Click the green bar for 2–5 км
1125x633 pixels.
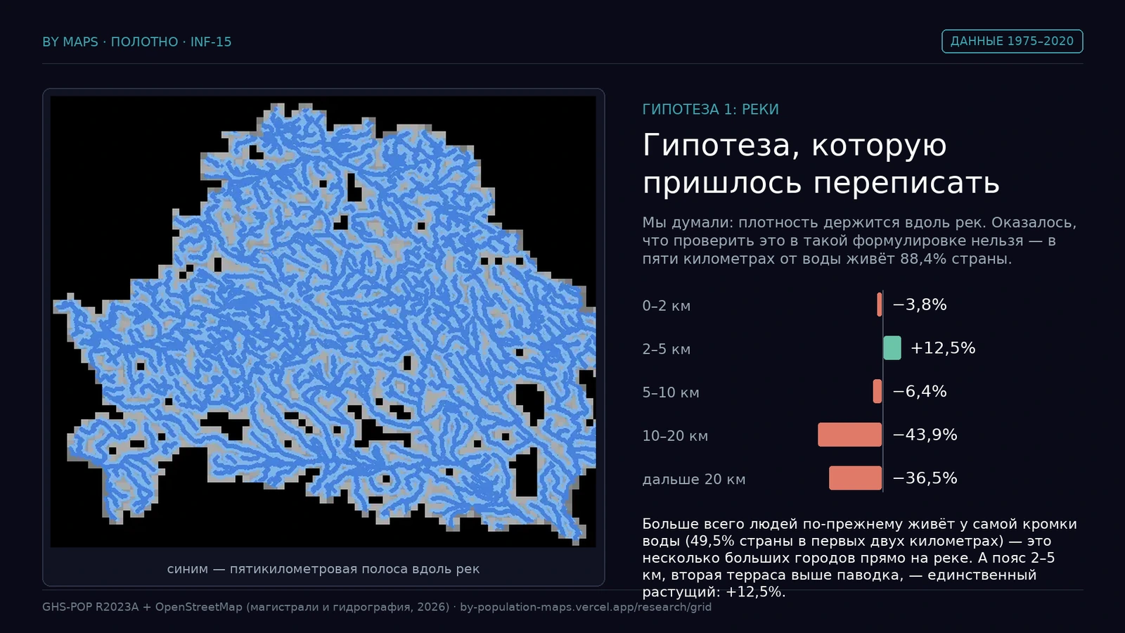click(x=892, y=347)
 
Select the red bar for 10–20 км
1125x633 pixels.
click(x=850, y=435)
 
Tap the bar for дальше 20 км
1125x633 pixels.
click(x=855, y=478)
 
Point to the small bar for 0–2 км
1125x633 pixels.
click(x=880, y=305)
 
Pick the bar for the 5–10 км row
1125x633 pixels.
click(x=877, y=391)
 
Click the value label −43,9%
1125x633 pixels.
click(x=925, y=435)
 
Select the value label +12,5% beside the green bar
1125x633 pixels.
click(x=943, y=347)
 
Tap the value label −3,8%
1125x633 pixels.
click(x=920, y=305)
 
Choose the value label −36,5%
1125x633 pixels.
click(x=925, y=478)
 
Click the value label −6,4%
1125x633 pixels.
click(x=920, y=391)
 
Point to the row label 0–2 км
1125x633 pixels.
click(x=667, y=306)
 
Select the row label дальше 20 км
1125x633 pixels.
click(x=693, y=479)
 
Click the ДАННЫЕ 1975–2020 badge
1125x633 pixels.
click(x=1012, y=41)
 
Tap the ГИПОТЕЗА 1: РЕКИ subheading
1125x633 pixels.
click(x=711, y=110)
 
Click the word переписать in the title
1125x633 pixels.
click(x=906, y=182)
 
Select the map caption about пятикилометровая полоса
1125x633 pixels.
click(x=323, y=569)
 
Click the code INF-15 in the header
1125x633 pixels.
click(x=211, y=42)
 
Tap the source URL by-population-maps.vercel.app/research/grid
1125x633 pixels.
click(x=586, y=607)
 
